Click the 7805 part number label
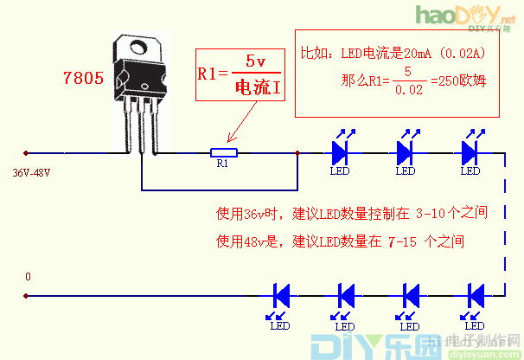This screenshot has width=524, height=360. [x=84, y=77]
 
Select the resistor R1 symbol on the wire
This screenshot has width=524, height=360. [x=224, y=153]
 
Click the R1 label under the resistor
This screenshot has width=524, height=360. [x=222, y=163]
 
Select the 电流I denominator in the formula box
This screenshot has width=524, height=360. [x=258, y=87]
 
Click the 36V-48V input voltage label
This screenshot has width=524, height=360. [x=31, y=173]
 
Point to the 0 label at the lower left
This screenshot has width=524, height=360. [x=28, y=277]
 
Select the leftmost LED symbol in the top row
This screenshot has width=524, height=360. [x=340, y=153]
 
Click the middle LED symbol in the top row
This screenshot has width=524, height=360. [x=405, y=153]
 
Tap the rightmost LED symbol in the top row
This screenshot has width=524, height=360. [x=470, y=153]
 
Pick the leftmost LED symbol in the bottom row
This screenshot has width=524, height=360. [x=280, y=295]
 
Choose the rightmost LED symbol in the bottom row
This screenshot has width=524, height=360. [x=473, y=295]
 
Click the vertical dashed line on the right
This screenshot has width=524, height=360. [x=503, y=225]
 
